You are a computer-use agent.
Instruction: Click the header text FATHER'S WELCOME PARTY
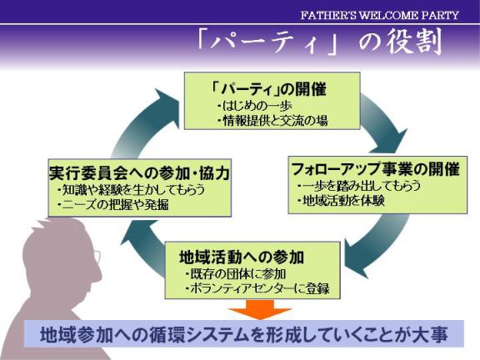pos(380,15)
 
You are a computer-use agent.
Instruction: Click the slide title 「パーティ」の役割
pos(320,42)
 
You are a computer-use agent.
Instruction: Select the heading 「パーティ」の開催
pos(268,89)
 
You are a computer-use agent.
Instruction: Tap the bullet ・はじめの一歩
pos(255,106)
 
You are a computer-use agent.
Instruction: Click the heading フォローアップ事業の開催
pos(376,169)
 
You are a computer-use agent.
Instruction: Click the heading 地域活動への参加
pos(242,257)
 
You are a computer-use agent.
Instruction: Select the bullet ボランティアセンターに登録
pos(257,288)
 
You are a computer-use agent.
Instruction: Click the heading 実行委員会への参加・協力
pos(139,173)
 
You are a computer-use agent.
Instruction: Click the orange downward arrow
pos(260,308)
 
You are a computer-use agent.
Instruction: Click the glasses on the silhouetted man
pos(97,257)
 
